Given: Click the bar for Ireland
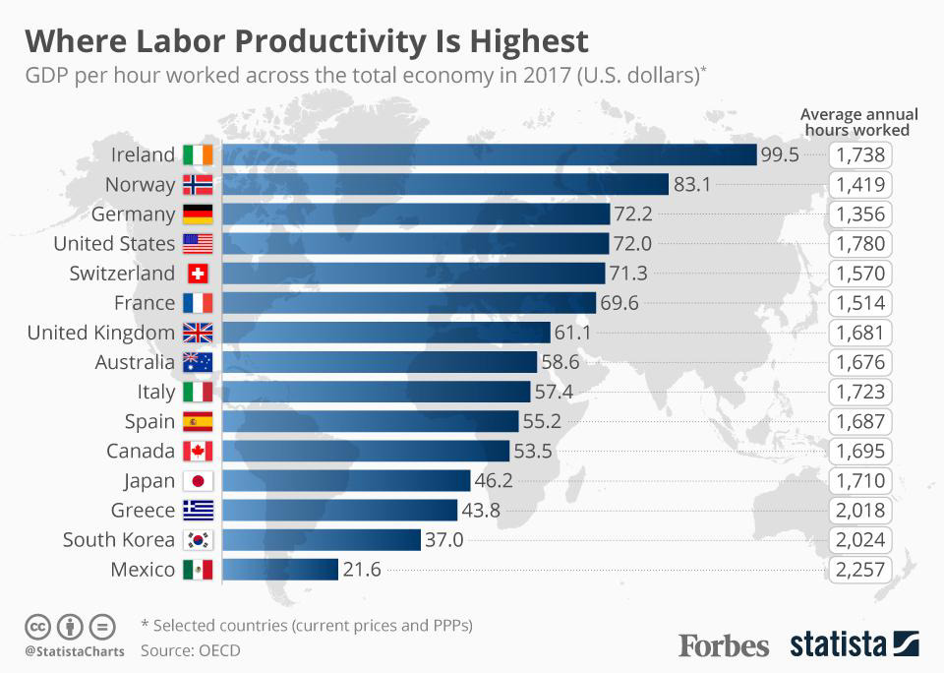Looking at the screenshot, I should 489,154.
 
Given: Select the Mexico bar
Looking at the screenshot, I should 280,570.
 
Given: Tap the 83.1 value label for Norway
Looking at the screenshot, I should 692,184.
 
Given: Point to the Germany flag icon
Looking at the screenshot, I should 198,214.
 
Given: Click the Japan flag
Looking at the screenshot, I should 198,481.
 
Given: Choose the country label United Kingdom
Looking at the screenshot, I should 101,333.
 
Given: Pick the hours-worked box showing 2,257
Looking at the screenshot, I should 861,570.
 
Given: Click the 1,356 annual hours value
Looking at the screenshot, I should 861,214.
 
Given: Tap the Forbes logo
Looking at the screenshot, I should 724,645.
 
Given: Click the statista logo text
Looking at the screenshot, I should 837,644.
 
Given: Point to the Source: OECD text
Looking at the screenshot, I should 190,649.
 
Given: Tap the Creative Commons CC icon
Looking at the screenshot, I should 37,626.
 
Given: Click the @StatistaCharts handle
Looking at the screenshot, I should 74,650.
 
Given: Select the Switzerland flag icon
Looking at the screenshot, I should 198,274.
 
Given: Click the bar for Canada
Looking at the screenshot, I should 366,452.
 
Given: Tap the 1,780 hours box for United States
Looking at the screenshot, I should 861,244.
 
